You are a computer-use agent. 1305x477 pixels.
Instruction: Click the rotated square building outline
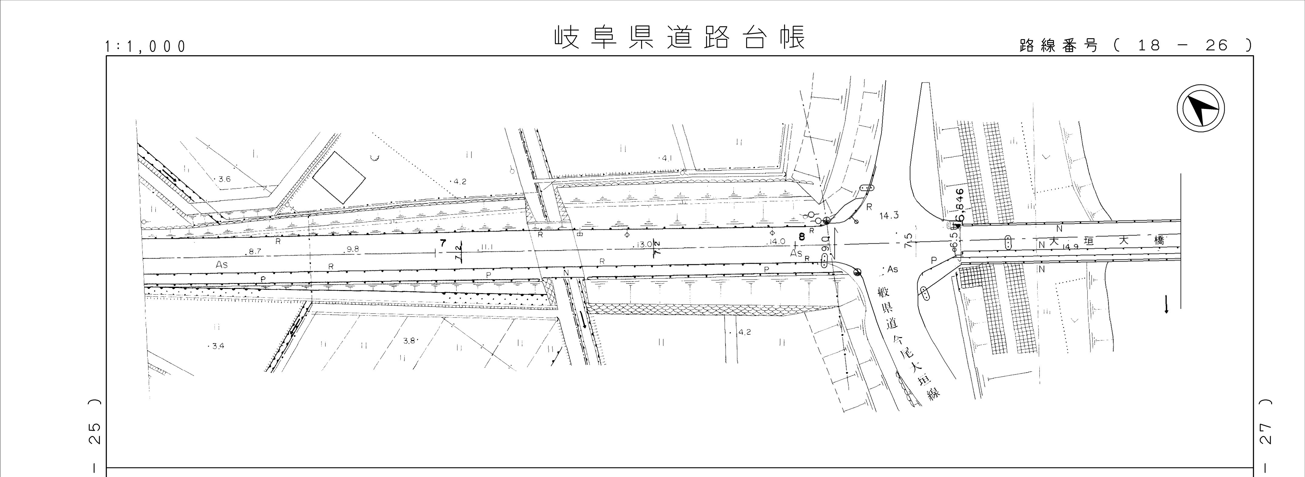point(338,177)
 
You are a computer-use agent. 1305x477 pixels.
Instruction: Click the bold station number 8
point(801,236)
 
